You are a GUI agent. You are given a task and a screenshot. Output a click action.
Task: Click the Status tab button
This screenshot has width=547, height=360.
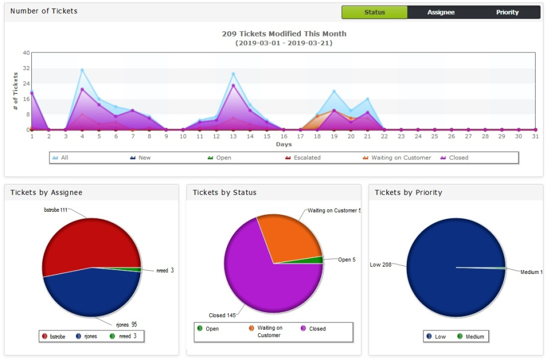click(x=374, y=12)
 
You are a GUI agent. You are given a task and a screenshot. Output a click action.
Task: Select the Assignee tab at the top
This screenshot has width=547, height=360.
click(x=441, y=12)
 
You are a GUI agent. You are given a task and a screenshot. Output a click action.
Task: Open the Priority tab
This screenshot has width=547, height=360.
click(x=507, y=12)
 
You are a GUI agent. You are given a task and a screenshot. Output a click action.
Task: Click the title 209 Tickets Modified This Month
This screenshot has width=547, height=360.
click(x=284, y=34)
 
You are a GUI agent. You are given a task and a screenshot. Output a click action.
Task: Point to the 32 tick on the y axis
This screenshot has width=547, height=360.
click(x=26, y=68)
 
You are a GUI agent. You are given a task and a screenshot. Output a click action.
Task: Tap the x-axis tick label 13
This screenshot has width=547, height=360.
click(x=233, y=137)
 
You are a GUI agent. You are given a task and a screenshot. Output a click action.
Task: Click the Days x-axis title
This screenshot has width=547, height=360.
click(x=284, y=144)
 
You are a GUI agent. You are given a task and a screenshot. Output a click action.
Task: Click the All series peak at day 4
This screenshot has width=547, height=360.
click(x=82, y=70)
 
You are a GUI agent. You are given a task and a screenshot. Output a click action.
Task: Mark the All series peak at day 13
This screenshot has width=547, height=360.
click(x=233, y=74)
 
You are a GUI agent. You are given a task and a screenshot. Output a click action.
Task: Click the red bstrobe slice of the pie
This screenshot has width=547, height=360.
click(x=85, y=242)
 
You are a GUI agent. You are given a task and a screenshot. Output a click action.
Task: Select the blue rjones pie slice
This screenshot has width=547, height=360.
click(x=91, y=293)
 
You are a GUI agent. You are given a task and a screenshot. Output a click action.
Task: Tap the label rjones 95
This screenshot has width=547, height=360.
click(x=126, y=325)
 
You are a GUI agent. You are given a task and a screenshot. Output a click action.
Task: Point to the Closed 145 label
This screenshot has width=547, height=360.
click(x=222, y=315)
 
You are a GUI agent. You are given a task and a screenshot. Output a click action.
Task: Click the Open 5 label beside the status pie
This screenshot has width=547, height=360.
click(x=346, y=260)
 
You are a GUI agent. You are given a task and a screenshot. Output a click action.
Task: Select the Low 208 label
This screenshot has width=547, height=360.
click(x=381, y=265)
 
